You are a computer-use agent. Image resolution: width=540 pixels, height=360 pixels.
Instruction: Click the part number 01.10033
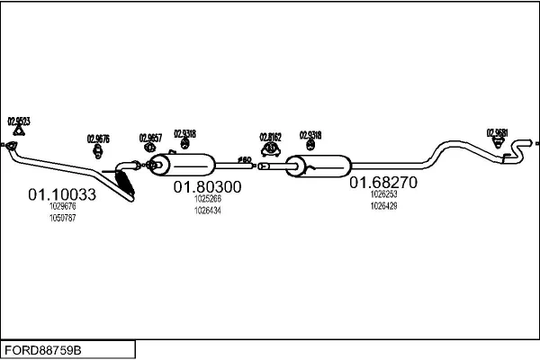point(62,193)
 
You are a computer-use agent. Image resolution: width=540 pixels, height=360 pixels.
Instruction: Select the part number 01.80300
point(207,186)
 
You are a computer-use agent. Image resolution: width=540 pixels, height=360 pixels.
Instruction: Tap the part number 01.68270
point(383,182)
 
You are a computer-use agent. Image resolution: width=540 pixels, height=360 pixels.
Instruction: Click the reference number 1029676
point(63,207)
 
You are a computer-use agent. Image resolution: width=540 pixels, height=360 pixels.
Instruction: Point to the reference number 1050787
point(63,219)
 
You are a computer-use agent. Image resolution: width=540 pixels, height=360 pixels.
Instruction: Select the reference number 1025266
point(208,198)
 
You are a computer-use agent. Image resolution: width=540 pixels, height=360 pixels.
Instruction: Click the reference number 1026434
point(208,210)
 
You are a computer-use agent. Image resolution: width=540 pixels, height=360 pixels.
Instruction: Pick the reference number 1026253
point(383,193)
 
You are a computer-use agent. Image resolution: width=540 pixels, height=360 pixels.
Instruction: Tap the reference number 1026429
point(383,205)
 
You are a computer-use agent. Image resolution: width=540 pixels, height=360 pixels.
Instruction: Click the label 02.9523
point(19,121)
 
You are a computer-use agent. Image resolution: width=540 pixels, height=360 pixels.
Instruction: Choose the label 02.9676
point(98,139)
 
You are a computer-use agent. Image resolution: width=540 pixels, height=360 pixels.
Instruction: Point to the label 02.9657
point(150,138)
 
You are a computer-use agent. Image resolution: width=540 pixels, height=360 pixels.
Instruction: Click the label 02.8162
point(271,137)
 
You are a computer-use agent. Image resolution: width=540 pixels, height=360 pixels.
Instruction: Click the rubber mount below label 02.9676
point(98,152)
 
